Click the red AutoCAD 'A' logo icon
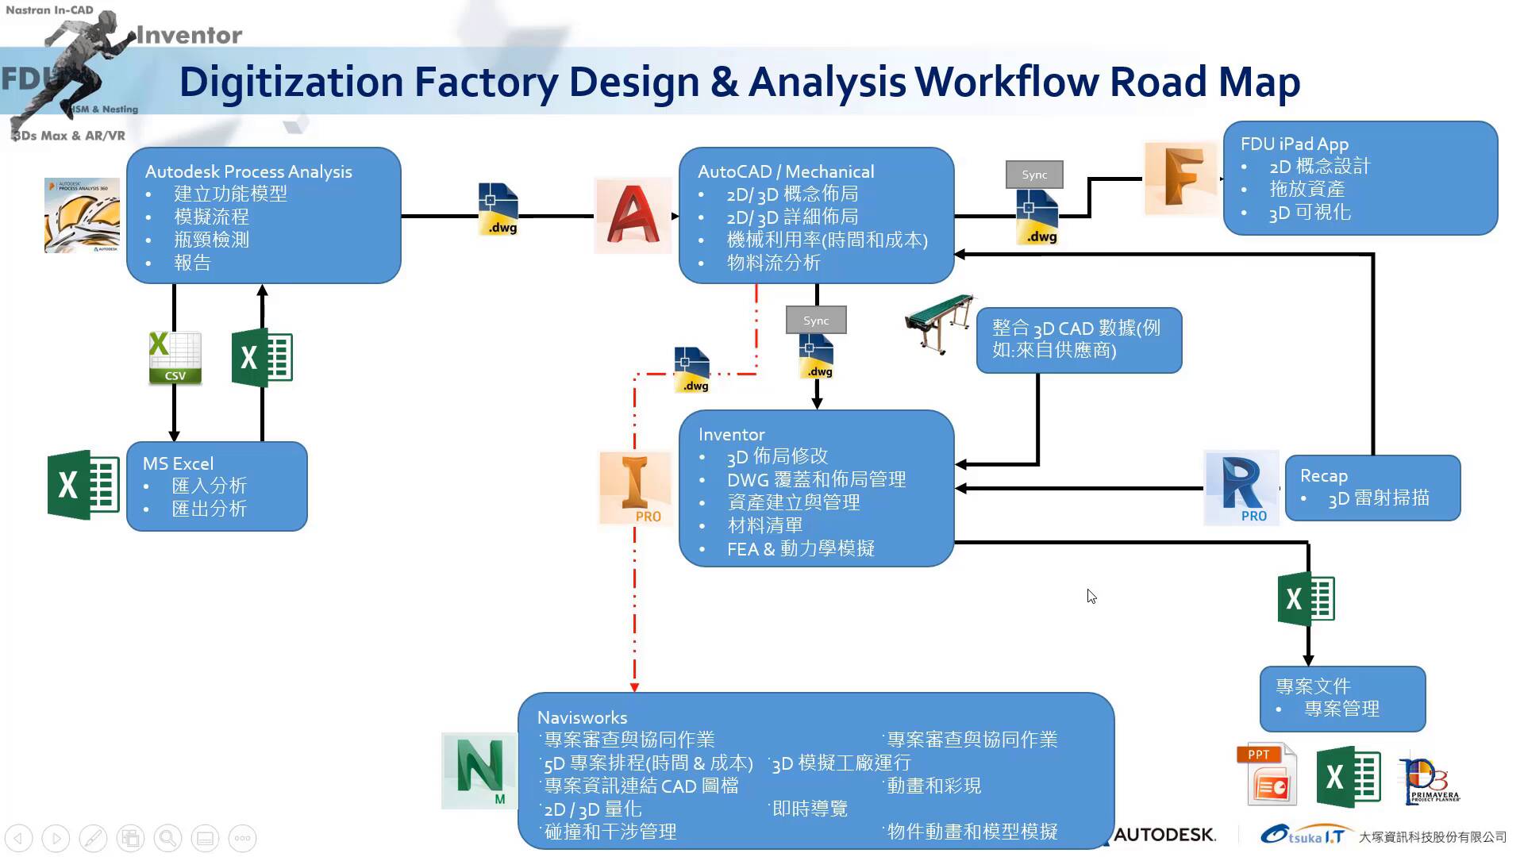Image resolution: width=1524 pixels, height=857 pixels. [x=633, y=215]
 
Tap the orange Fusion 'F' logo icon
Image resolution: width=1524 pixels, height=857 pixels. [x=1180, y=178]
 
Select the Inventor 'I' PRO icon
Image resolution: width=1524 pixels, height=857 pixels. [x=635, y=488]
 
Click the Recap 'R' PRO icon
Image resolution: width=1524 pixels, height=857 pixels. [x=1241, y=487]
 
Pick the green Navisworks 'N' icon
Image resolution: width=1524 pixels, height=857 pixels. [x=479, y=771]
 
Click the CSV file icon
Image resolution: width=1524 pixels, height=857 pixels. [x=175, y=358]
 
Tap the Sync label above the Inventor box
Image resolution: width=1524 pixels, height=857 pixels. [x=816, y=321]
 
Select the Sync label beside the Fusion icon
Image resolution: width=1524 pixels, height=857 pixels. [x=1034, y=175]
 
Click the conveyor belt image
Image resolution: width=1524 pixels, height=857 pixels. [x=940, y=322]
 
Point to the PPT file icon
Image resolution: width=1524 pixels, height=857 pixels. [x=1267, y=775]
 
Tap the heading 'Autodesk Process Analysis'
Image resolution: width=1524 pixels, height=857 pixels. [x=248, y=171]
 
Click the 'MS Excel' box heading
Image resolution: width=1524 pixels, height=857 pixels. [x=178, y=463]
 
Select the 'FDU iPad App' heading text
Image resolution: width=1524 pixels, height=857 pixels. [x=1294, y=144]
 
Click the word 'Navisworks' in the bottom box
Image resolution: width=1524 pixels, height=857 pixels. [x=582, y=717]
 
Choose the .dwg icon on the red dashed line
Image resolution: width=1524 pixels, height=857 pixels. [x=691, y=370]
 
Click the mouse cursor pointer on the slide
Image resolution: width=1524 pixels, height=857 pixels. [x=1091, y=596]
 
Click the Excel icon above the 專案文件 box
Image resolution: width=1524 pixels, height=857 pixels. [x=1306, y=599]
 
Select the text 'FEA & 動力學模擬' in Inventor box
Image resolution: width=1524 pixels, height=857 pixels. [x=800, y=548]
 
